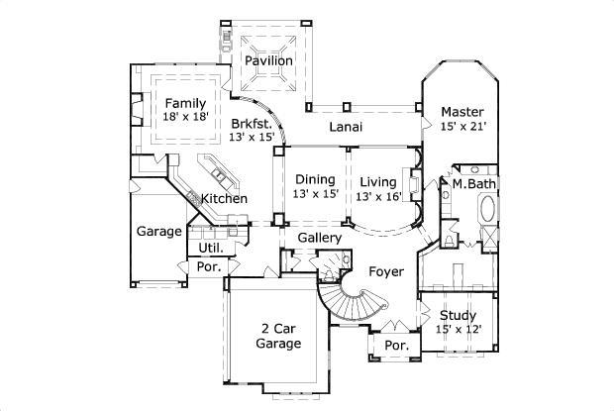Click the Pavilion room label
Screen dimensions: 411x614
(x=269, y=60)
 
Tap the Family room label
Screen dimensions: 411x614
(x=185, y=103)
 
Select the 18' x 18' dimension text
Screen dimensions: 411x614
(x=185, y=117)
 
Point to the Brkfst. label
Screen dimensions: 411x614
(x=252, y=124)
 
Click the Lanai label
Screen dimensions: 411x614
(x=346, y=127)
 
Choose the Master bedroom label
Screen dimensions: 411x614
(x=462, y=112)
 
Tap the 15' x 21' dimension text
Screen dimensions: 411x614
(x=462, y=127)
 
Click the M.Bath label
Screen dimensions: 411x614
(x=473, y=183)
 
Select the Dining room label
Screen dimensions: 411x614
(x=316, y=179)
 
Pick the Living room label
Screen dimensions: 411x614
(x=377, y=182)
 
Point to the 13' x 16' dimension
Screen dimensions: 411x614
(x=377, y=196)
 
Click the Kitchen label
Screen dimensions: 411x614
(x=225, y=199)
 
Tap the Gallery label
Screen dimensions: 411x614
(x=320, y=238)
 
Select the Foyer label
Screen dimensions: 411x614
(x=385, y=270)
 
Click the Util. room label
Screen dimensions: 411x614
(x=210, y=247)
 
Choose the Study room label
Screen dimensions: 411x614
(x=458, y=316)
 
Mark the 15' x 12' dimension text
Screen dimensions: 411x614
(x=458, y=330)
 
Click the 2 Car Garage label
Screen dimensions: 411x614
(x=278, y=336)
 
